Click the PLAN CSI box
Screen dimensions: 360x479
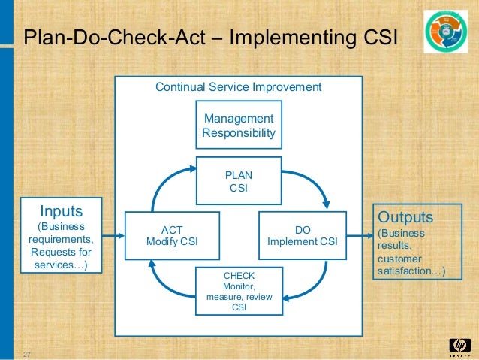click(x=239, y=181)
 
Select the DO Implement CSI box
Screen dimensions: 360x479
click(x=303, y=234)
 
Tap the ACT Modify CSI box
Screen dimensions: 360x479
click(x=173, y=234)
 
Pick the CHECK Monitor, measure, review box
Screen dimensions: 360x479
click(x=239, y=290)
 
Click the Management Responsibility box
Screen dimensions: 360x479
click(x=239, y=126)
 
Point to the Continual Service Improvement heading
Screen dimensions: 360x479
click(x=238, y=87)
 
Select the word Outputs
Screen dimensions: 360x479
click(x=406, y=217)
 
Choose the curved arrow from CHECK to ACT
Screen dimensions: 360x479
click(x=165, y=282)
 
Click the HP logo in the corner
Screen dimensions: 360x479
click(x=458, y=345)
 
